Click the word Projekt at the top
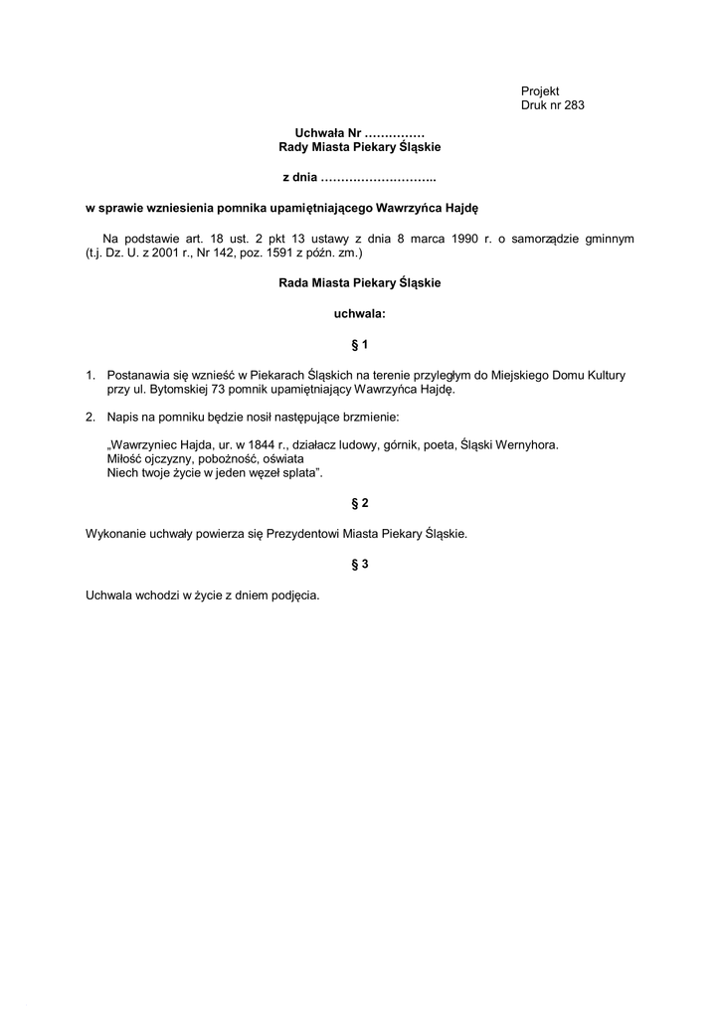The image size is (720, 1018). point(540,91)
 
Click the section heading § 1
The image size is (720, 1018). point(360,345)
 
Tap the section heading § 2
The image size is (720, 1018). point(360,503)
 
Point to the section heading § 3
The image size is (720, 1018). point(360,565)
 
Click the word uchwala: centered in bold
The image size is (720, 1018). point(359,314)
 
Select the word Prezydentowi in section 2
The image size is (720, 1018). point(295,534)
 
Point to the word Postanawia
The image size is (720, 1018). point(137,376)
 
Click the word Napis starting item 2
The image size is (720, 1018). point(121,417)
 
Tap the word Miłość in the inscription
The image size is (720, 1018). point(124,460)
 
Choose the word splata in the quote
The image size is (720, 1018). point(294,473)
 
